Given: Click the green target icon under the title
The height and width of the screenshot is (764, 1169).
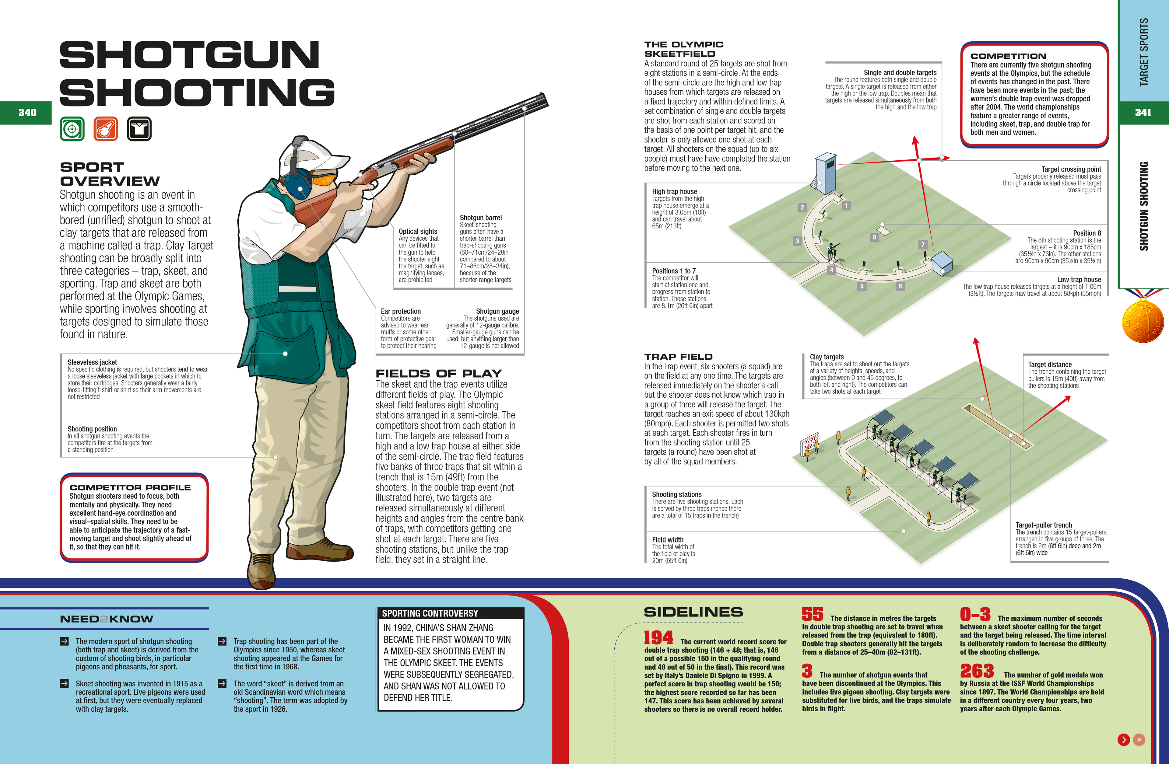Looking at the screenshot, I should pos(72,129).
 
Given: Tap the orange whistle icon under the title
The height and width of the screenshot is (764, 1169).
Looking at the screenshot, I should pos(106,129).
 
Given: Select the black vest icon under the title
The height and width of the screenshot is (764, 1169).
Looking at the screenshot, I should pos(139,129).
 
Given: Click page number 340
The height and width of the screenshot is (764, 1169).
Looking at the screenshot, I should pos(27,113).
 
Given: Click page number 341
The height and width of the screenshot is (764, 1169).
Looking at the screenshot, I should pos(1143,113).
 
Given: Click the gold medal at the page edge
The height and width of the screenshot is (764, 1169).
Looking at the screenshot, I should pos(1143,322).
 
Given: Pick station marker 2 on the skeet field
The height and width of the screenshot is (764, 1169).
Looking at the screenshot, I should pos(802,207).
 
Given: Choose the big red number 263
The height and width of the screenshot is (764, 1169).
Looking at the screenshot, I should pos(977,671).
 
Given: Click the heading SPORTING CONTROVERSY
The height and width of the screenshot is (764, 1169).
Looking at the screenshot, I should pos(430,613).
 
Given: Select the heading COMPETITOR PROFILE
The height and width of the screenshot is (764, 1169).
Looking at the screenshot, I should pos(130,487).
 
